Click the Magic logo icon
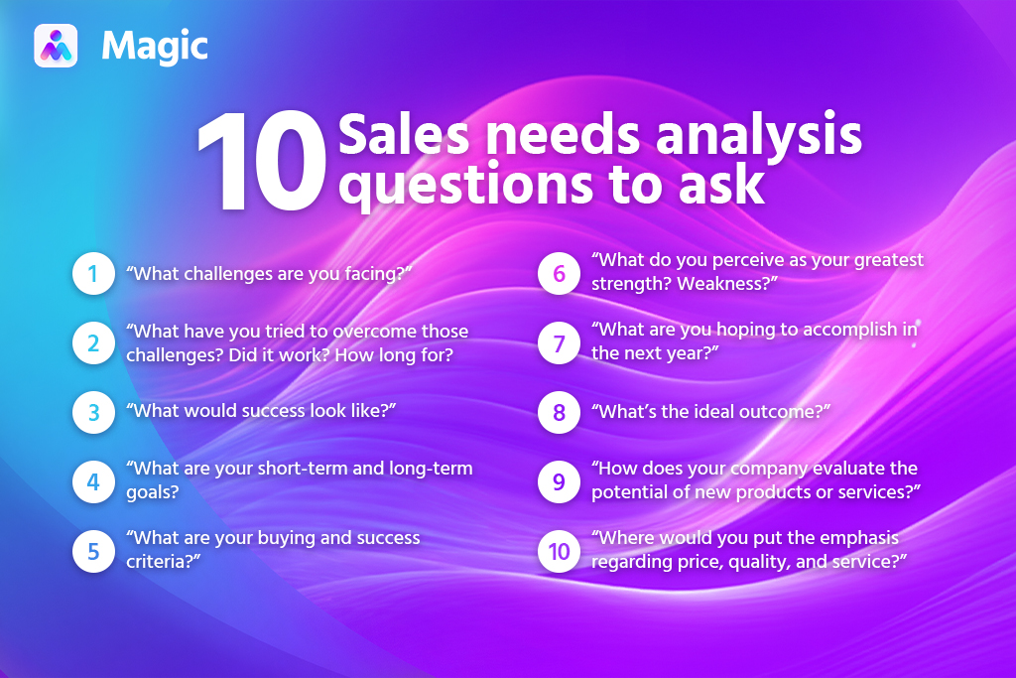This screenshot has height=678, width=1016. [56, 45]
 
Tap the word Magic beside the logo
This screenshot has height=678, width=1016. [155, 46]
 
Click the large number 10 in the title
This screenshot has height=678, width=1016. [261, 164]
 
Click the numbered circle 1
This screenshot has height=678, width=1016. [92, 275]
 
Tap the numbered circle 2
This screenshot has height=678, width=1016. [92, 343]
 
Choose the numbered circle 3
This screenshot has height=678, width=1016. [92, 412]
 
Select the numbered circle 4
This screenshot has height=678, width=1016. [92, 480]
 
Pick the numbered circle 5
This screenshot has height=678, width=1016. [92, 550]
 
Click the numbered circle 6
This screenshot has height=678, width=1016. [559, 275]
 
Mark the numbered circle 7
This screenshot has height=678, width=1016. [559, 343]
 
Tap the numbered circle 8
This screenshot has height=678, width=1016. [559, 412]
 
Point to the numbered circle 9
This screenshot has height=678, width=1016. [559, 480]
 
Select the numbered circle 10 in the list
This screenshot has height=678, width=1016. [559, 550]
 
